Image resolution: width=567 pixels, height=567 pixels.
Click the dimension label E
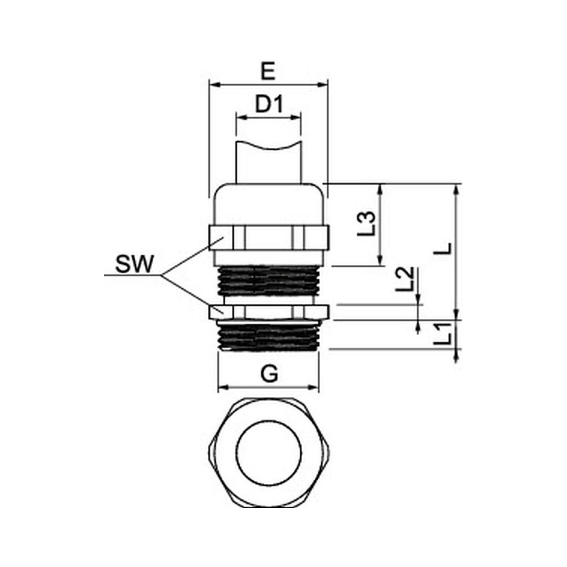(268, 71)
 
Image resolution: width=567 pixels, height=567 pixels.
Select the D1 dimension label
(269, 104)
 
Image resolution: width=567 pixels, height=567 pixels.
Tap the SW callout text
(135, 264)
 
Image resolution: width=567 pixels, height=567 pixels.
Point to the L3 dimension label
(367, 223)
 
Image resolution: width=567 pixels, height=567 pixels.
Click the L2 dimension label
(404, 279)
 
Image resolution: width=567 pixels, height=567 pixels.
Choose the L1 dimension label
(442, 333)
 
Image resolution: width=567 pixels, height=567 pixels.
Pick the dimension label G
(270, 374)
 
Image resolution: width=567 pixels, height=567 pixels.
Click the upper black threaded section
(268, 281)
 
